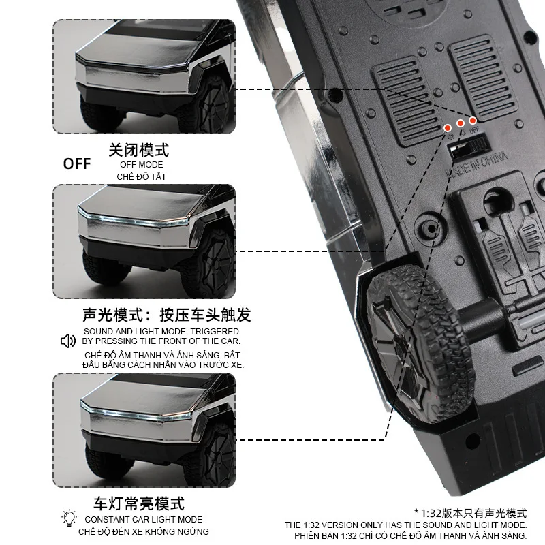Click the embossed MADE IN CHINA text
(477, 164)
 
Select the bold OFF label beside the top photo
(77, 163)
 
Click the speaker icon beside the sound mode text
(68, 341)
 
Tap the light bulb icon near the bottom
(69, 518)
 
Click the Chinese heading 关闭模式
(139, 150)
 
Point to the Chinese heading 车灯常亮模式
(139, 504)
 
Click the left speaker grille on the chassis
(407, 102)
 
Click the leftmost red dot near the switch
(448, 127)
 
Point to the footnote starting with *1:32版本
(470, 513)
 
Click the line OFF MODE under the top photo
(142, 164)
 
